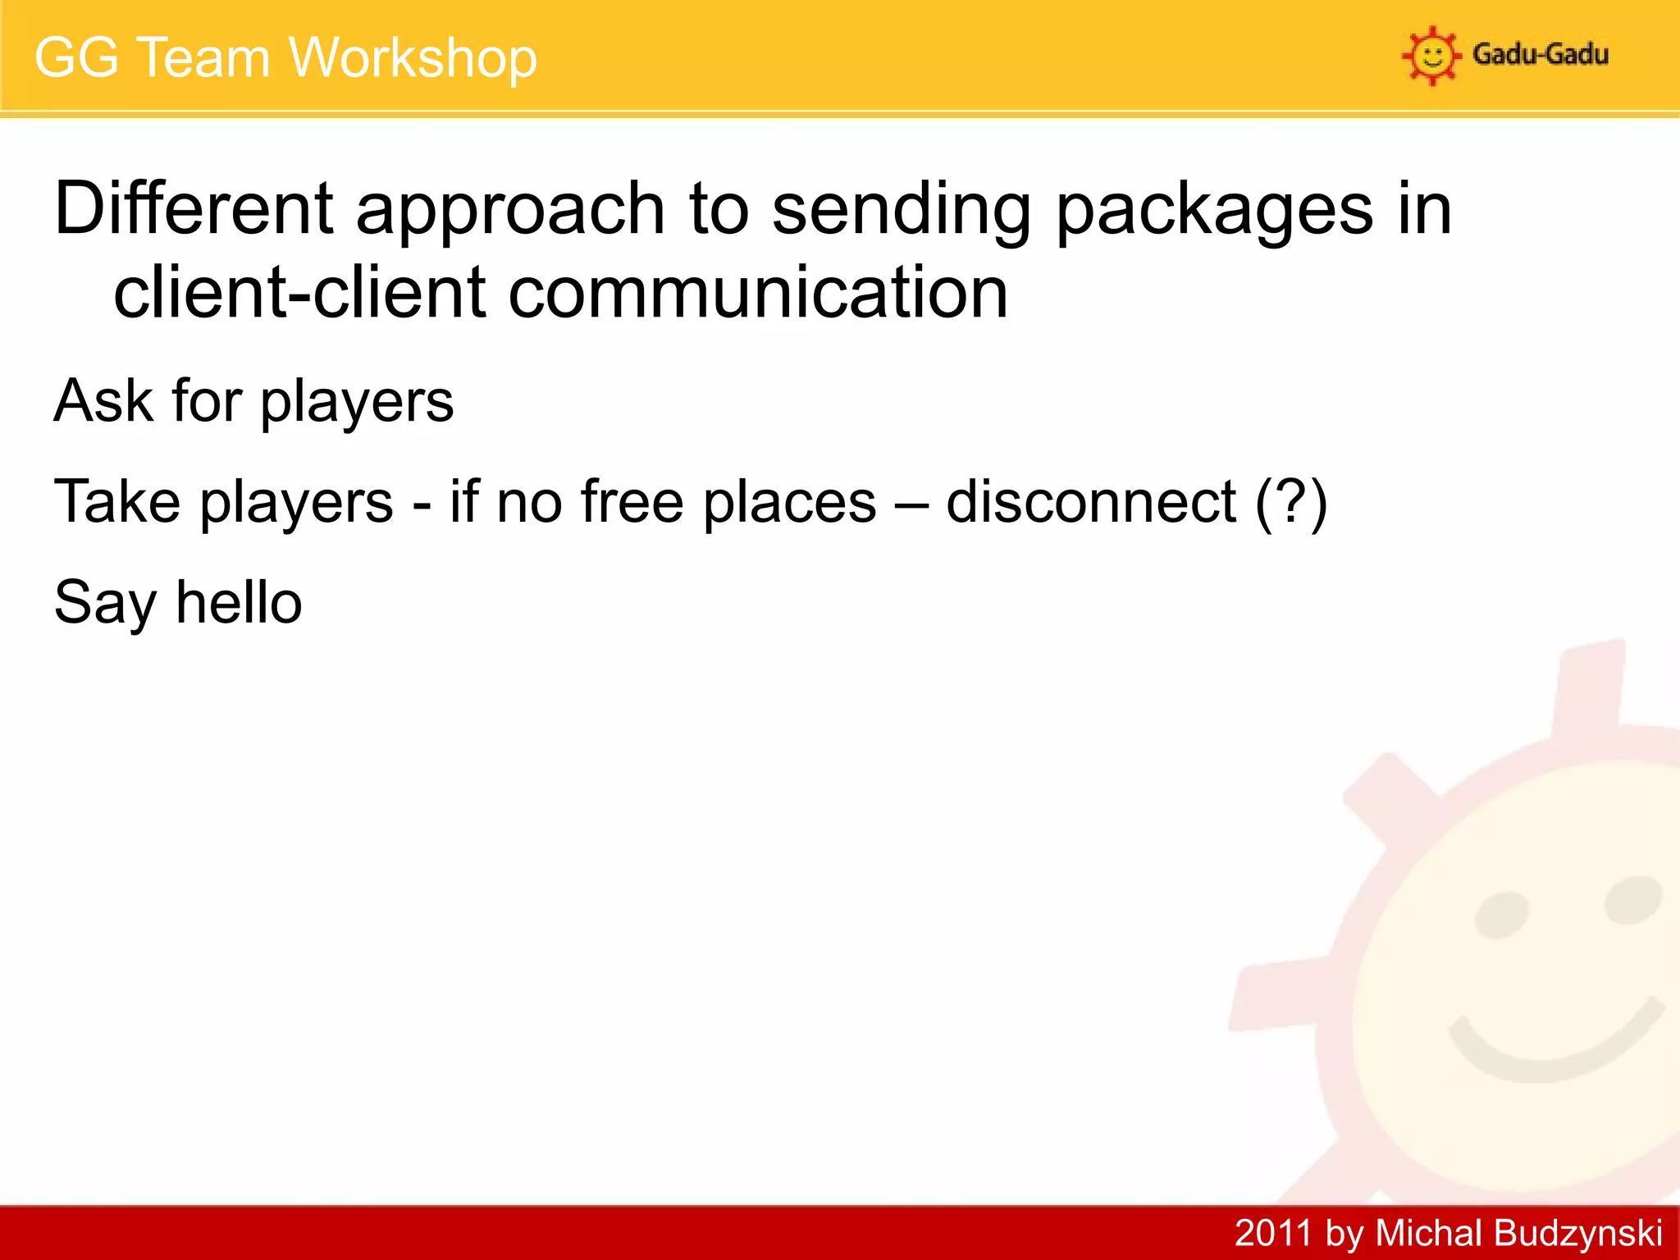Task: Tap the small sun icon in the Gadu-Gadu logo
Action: [1431, 56]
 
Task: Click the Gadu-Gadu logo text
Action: [1541, 55]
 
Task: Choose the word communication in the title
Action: [758, 293]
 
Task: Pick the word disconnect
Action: [1091, 501]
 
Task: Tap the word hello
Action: [239, 602]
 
